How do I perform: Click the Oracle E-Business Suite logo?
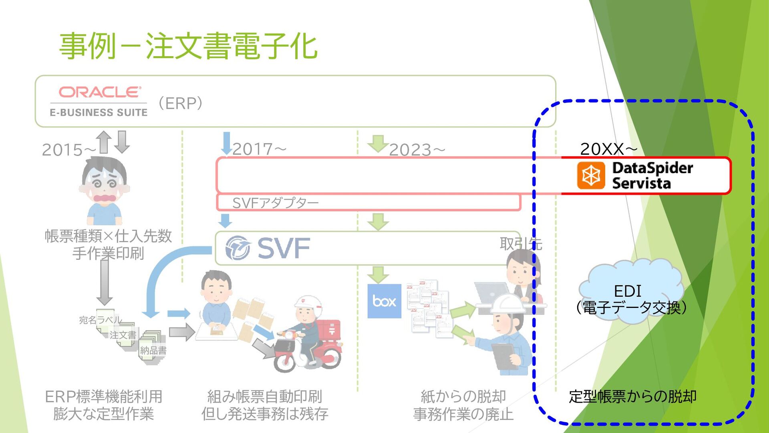[x=99, y=101]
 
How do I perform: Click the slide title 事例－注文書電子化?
[x=188, y=47]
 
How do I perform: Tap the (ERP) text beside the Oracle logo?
[x=181, y=103]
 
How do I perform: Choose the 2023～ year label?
[x=417, y=150]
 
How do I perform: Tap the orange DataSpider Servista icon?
[x=591, y=175]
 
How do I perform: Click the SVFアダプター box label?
[x=275, y=203]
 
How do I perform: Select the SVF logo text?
[x=283, y=248]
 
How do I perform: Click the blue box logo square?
[x=384, y=301]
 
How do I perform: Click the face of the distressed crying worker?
[x=105, y=182]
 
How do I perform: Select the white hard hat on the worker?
[x=507, y=304]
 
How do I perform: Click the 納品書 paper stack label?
[x=153, y=350]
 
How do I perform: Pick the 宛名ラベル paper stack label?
[x=100, y=320]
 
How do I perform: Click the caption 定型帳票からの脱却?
[x=632, y=397]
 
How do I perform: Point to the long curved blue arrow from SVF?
[x=160, y=273]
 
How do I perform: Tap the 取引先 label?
[x=521, y=243]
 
